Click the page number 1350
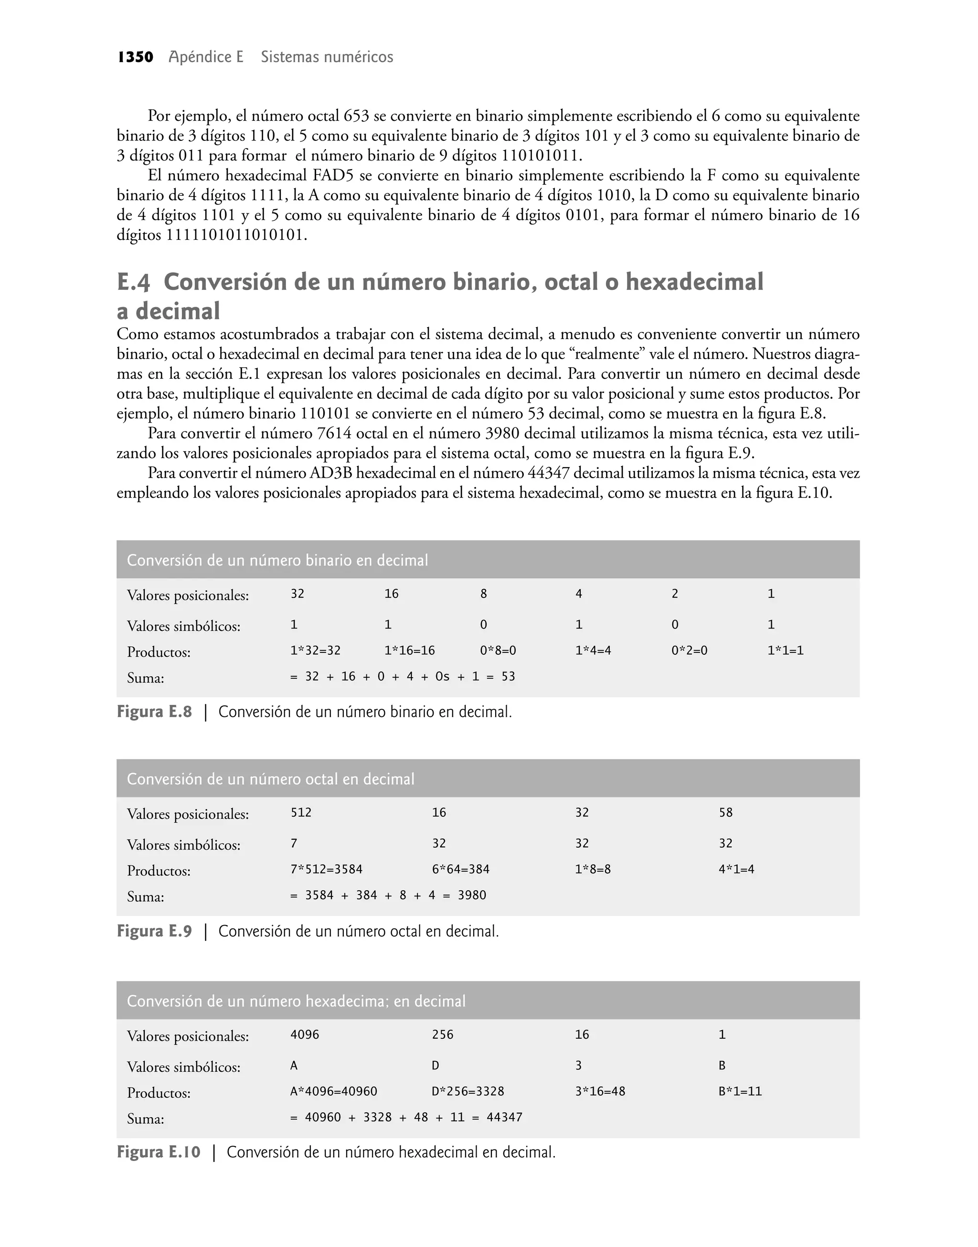(x=135, y=57)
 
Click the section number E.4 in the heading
(x=133, y=282)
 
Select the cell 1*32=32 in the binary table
(x=316, y=650)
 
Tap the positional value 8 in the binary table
(x=483, y=594)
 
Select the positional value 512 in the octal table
(x=301, y=812)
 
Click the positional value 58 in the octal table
(x=725, y=812)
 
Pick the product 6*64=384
(x=460, y=869)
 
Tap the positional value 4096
(x=305, y=1034)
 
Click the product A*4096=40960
(x=334, y=1091)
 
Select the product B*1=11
(x=740, y=1091)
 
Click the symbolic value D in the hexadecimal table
(x=435, y=1066)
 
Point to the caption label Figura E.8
(x=154, y=712)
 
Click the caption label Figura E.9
(x=154, y=931)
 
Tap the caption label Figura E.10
(x=159, y=1152)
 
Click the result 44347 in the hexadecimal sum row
(x=504, y=1117)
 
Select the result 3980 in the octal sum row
(x=472, y=895)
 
